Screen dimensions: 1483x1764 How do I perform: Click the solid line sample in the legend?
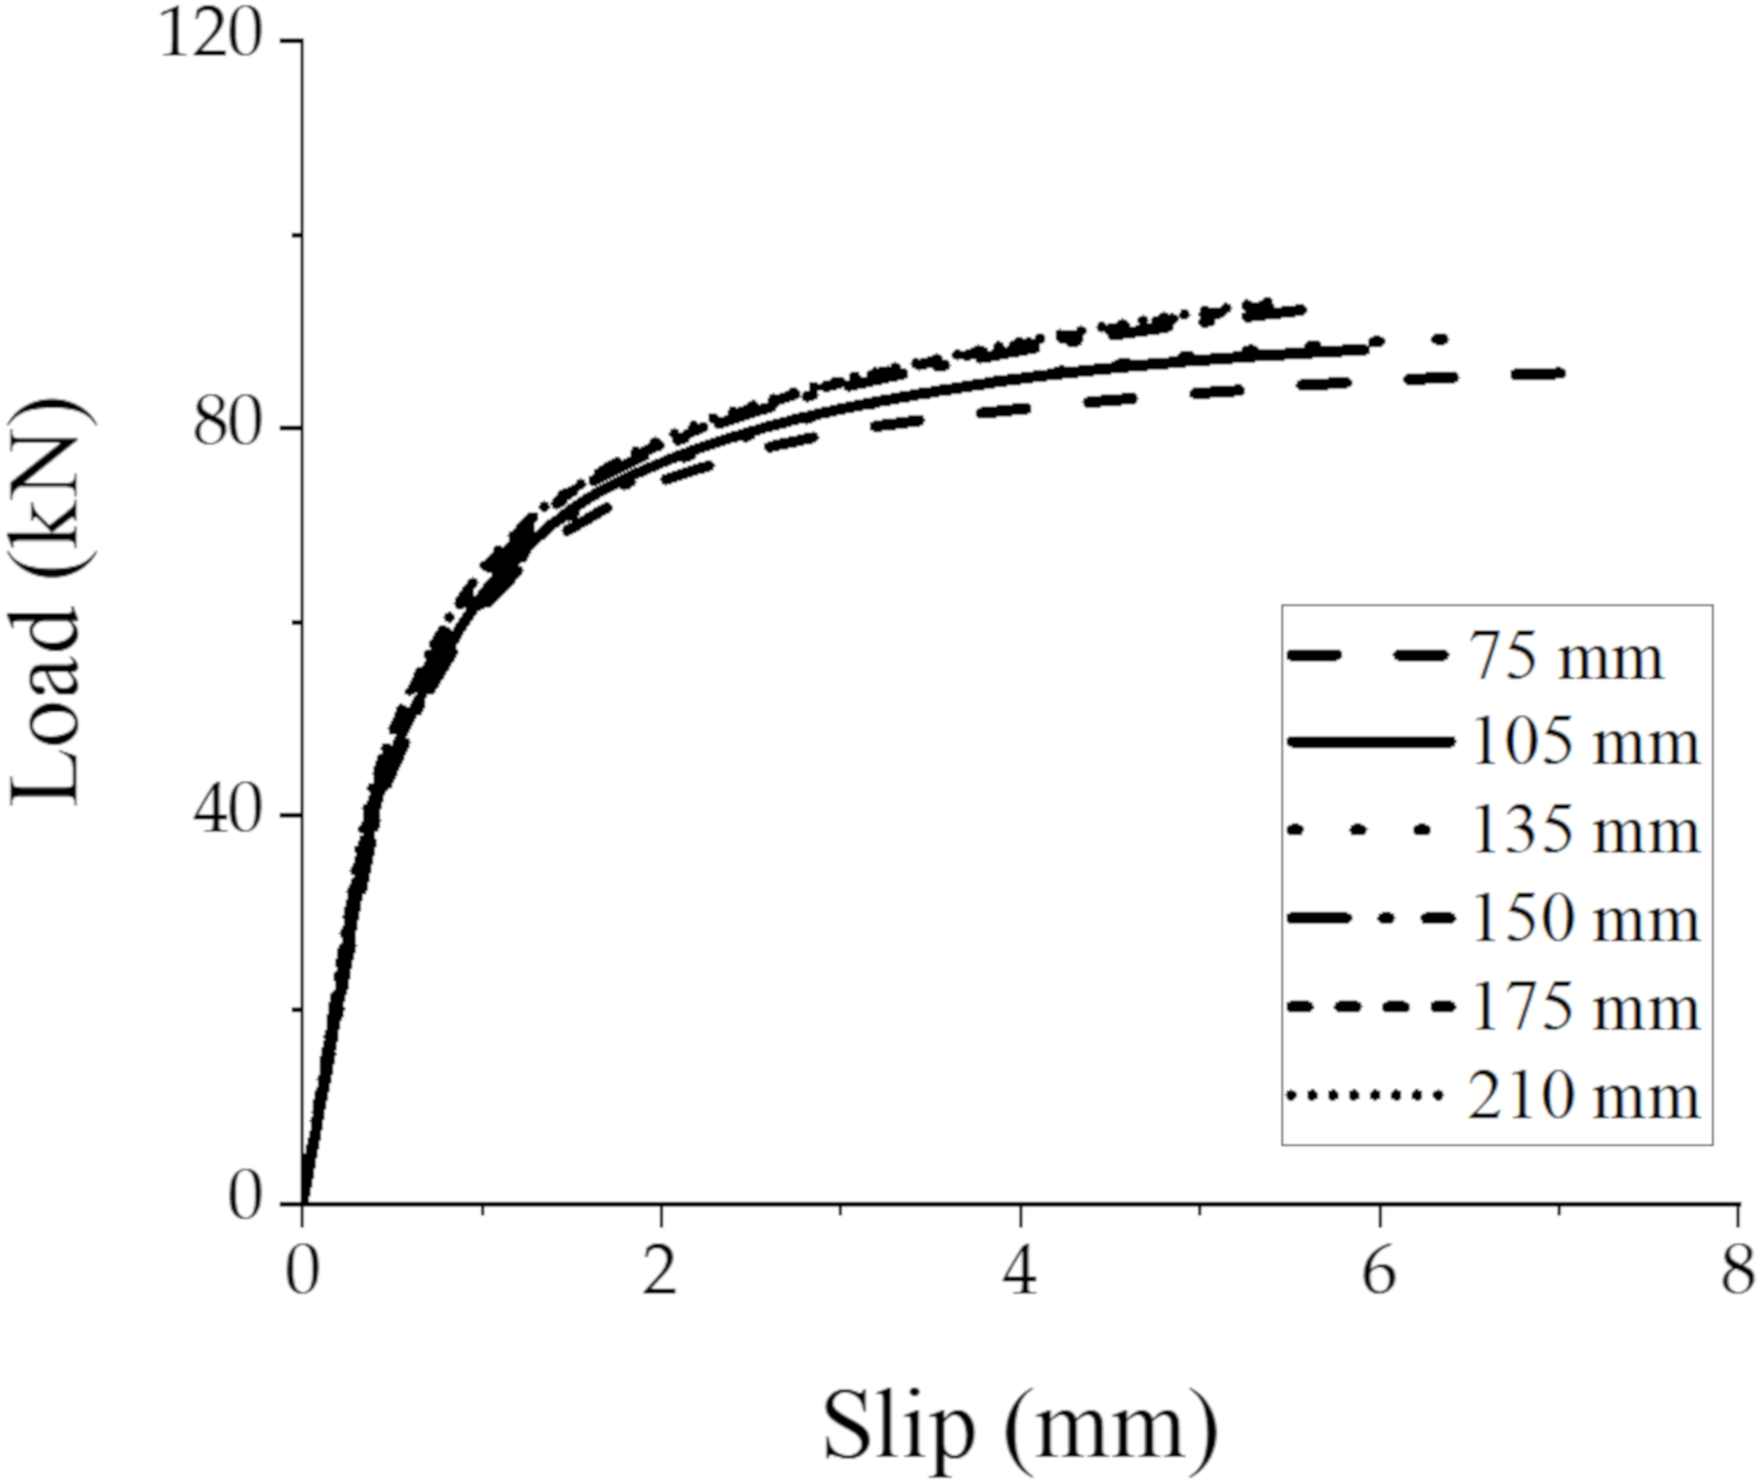click(1370, 741)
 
